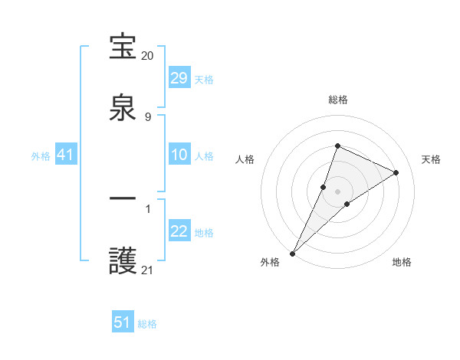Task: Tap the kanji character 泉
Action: (123, 108)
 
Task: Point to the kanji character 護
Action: (123, 261)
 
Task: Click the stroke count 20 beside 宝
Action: (148, 56)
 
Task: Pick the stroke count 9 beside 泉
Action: (148, 116)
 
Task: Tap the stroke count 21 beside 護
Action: (148, 270)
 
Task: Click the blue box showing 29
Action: (179, 78)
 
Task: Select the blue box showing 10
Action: (179, 155)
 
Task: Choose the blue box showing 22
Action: (179, 231)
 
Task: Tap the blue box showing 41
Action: (66, 155)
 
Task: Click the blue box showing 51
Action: (123, 322)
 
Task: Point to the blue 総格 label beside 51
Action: (147, 324)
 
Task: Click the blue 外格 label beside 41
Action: (41, 156)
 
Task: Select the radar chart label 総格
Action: (338, 100)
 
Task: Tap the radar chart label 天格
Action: (432, 159)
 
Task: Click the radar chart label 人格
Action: (245, 159)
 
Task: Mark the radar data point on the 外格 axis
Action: (292, 254)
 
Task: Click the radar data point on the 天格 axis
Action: (396, 172)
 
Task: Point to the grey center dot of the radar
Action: (338, 191)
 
